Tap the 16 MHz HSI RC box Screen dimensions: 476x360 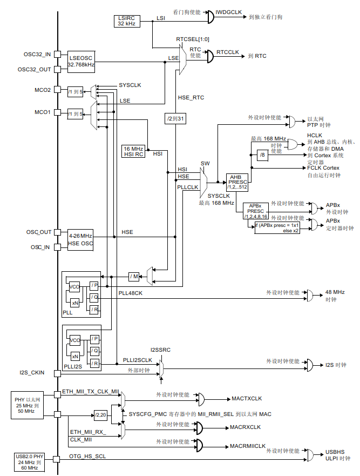tap(134, 151)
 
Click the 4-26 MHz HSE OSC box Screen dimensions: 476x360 tap(80, 240)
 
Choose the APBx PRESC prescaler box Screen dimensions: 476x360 tap(255, 211)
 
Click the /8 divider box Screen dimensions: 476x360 tap(262, 156)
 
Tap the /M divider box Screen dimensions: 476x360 tap(134, 277)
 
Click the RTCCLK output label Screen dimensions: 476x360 tap(227, 52)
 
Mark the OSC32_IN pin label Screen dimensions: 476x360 tap(37, 54)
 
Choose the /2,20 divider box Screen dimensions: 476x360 tap(100, 415)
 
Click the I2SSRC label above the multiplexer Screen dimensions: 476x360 tap(160, 350)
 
